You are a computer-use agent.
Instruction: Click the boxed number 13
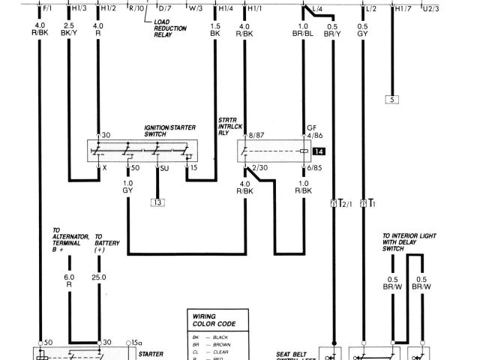coord(158,202)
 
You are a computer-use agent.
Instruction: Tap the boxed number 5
coord(391,99)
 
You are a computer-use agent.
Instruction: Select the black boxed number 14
coord(320,151)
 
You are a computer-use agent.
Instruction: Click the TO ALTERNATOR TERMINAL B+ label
coord(67,240)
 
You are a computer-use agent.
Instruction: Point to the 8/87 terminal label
coord(247,134)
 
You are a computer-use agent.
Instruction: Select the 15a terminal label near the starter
coord(135,341)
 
